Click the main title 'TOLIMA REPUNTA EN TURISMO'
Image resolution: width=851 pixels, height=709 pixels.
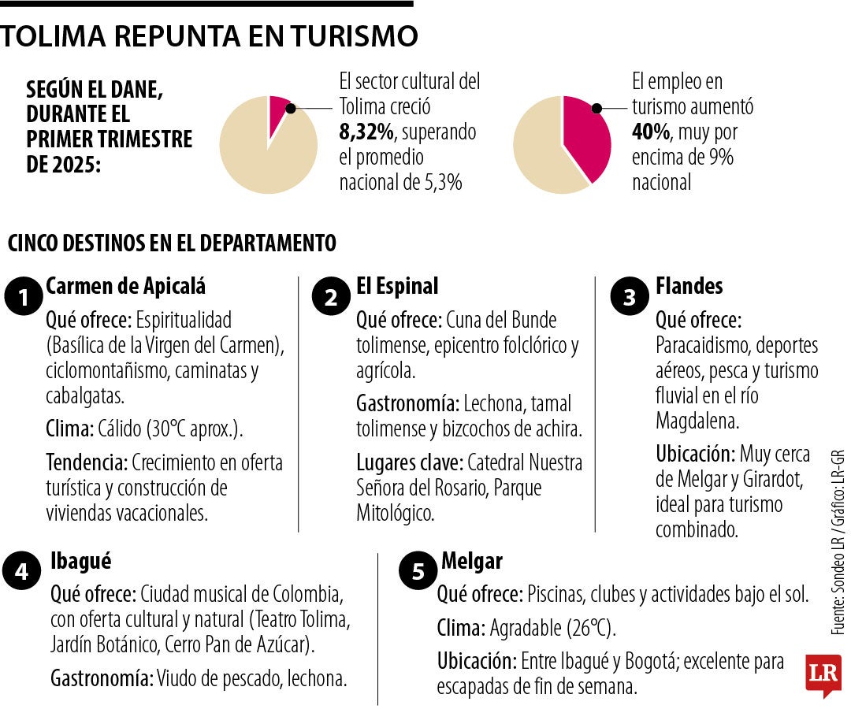[209, 37]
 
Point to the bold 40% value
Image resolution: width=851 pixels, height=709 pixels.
[649, 132]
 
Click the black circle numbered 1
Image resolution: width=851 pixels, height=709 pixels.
[24, 299]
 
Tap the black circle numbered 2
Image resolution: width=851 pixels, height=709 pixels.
[332, 298]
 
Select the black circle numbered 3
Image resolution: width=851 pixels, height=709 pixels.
[630, 298]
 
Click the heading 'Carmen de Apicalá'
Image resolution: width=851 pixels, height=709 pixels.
[126, 286]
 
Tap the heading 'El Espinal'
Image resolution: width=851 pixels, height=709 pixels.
[397, 286]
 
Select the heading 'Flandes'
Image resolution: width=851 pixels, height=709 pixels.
[689, 286]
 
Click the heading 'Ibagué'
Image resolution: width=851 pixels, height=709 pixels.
[80, 561]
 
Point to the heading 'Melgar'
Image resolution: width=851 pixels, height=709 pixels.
[472, 561]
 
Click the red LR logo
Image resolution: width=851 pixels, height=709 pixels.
[823, 674]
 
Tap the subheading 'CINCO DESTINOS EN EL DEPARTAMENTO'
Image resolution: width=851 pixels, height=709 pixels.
[172, 243]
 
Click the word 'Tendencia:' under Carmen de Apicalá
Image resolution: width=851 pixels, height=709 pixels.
[87, 462]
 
